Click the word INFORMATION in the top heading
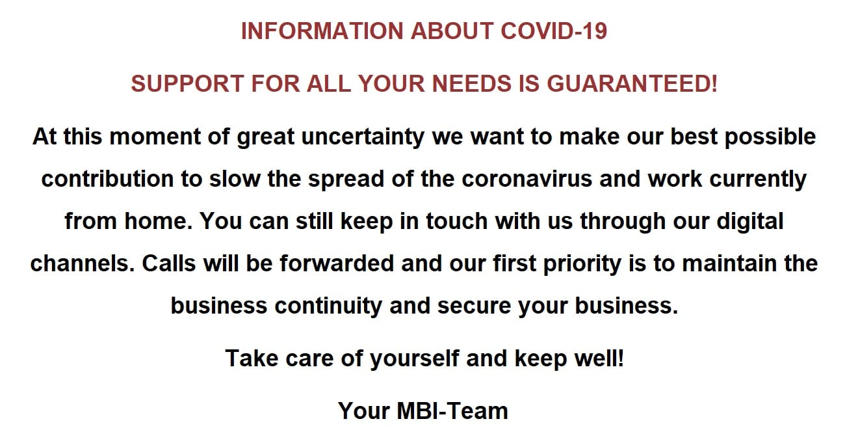[322, 31]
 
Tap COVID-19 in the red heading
[554, 31]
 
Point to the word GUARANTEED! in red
[632, 83]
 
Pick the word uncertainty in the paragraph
[363, 137]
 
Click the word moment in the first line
[155, 137]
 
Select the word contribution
[107, 179]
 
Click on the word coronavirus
[526, 179]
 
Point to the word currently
[758, 180]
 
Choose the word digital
[750, 222]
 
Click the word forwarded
[337, 263]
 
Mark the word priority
[582, 264]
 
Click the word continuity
[328, 306]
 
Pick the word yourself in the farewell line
[415, 358]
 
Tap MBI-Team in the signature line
[452, 411]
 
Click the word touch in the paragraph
[457, 221]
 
